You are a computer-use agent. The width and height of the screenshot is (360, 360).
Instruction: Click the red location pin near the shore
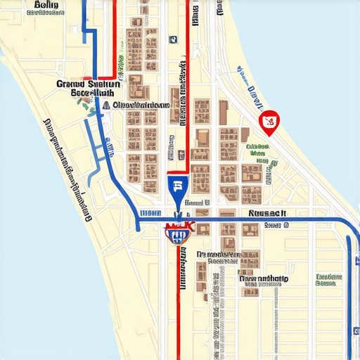point(269,123)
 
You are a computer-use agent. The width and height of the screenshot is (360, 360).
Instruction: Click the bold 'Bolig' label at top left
point(46,6)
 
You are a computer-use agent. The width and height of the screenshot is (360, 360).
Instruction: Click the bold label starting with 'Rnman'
point(264,278)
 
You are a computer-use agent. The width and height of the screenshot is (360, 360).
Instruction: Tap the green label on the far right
point(328,281)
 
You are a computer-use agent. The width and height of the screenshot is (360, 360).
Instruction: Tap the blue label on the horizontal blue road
point(150,212)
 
